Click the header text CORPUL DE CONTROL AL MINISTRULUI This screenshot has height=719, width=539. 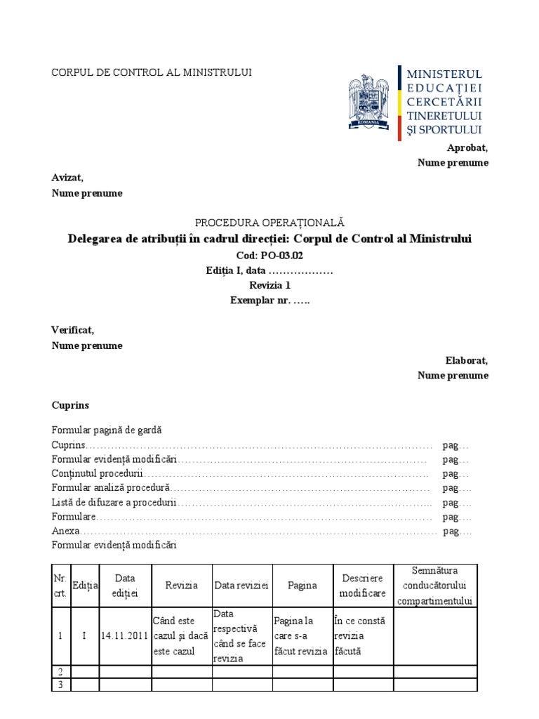click(x=152, y=72)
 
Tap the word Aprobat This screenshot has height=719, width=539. click(x=467, y=147)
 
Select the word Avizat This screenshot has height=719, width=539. click(x=67, y=178)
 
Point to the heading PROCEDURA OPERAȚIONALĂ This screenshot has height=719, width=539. click(x=269, y=223)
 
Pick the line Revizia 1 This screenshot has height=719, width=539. click(x=269, y=285)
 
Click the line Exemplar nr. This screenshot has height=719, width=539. click(x=269, y=301)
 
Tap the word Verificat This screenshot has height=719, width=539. click(x=72, y=330)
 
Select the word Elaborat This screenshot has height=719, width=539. click(x=467, y=360)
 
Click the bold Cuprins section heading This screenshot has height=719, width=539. click(x=70, y=406)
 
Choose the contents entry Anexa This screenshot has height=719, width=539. click(x=66, y=531)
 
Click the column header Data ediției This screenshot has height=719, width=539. click(x=125, y=586)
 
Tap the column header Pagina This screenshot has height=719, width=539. click(x=302, y=586)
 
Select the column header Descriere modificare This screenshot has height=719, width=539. click(x=363, y=586)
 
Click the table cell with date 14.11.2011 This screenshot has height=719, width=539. click(x=125, y=636)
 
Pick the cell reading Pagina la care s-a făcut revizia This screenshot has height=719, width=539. click(x=302, y=636)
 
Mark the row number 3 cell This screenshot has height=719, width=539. click(x=61, y=685)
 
